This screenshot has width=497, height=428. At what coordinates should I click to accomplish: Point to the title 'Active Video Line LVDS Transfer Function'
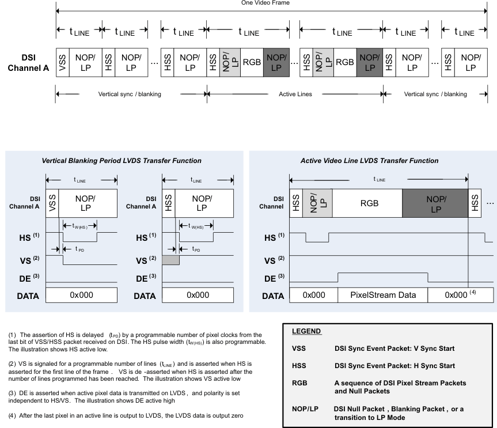coord(369,160)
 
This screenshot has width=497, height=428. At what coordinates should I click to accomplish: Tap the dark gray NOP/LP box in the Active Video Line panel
coord(435,203)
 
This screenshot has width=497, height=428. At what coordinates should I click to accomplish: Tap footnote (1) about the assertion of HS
coord(136,340)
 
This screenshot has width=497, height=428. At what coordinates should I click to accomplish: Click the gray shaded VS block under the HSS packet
coord(171,260)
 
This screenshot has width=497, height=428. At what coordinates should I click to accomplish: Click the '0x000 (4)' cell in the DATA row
coord(461,294)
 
